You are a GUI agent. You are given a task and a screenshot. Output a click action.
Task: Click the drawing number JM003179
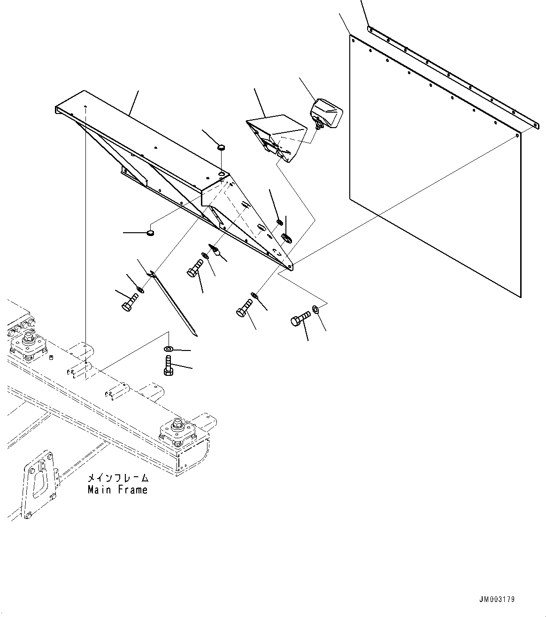click(497, 600)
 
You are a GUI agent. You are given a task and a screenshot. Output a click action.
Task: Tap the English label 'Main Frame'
click(118, 490)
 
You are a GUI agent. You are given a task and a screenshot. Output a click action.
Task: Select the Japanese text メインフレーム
click(118, 479)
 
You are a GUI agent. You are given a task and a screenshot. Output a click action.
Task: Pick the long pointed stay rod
click(175, 305)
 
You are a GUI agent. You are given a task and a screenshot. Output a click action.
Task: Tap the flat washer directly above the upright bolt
click(168, 349)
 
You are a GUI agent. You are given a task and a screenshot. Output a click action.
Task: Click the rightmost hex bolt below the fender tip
click(299, 319)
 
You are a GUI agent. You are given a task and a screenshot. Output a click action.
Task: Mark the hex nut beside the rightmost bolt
click(315, 309)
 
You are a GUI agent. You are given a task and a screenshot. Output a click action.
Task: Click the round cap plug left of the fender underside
click(150, 232)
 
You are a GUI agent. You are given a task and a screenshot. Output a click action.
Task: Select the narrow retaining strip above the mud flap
click(451, 75)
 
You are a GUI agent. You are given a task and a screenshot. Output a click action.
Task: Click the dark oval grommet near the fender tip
click(286, 238)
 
